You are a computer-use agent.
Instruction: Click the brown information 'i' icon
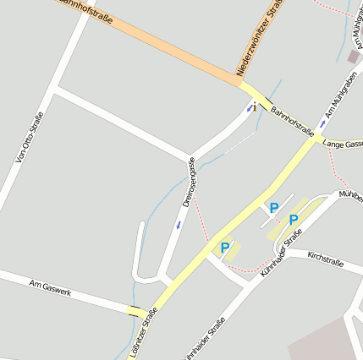click(x=255, y=106)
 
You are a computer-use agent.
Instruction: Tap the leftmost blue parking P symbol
click(x=224, y=248)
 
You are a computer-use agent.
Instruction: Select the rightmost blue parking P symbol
click(x=294, y=220)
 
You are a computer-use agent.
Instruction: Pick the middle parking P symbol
click(x=272, y=207)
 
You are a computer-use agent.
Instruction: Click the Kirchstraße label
click(x=325, y=258)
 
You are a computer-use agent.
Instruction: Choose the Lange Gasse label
click(x=343, y=145)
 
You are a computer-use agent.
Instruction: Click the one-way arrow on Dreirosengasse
click(x=178, y=225)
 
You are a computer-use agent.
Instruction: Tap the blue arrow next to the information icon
click(x=249, y=109)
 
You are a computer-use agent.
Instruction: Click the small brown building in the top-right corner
click(x=352, y=56)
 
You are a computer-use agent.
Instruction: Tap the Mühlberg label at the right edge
click(x=349, y=195)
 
